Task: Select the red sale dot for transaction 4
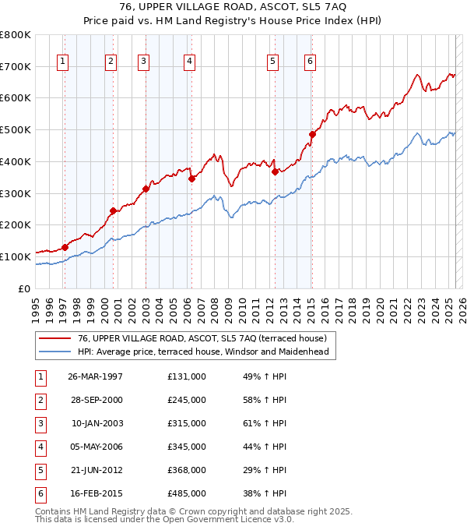191,178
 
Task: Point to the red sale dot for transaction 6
312,134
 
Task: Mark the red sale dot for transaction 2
113,210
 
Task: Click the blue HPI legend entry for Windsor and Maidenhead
203,352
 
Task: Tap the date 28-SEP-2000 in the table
96,400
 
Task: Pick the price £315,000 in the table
187,423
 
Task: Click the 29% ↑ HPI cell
265,470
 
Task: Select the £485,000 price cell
187,493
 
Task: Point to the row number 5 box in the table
40,470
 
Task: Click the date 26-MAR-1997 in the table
96,376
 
